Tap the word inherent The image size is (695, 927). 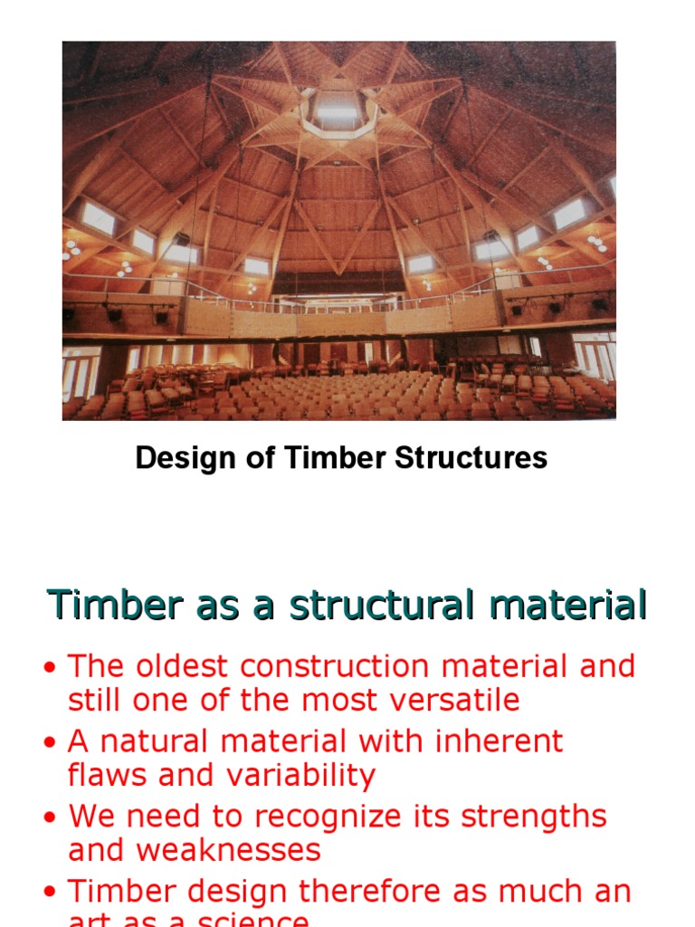tap(500, 741)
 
